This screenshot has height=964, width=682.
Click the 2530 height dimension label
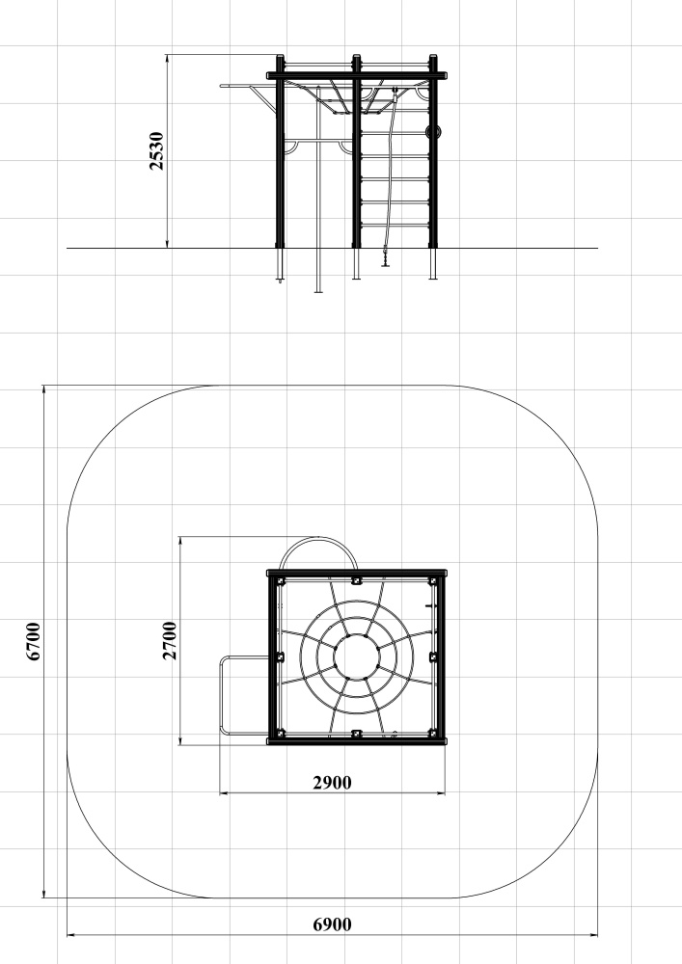click(x=157, y=150)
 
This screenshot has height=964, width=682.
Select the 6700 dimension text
click(x=33, y=641)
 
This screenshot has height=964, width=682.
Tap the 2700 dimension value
click(x=170, y=641)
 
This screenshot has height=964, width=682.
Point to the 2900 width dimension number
click(x=332, y=783)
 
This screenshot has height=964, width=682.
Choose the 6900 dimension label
click(x=332, y=924)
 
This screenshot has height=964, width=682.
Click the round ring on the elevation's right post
click(x=433, y=131)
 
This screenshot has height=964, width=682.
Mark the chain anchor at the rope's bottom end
click(x=386, y=257)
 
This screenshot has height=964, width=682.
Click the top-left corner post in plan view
click(x=281, y=581)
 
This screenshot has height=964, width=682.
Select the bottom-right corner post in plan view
click(x=432, y=734)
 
